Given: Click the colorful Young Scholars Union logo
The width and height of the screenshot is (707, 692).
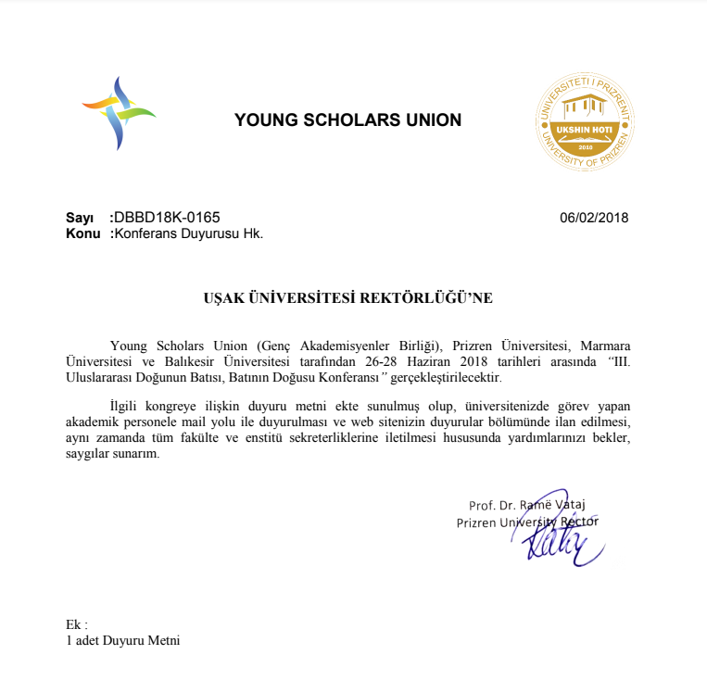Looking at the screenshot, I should (x=119, y=113).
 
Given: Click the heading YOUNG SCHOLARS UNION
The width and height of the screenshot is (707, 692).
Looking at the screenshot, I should (x=347, y=120).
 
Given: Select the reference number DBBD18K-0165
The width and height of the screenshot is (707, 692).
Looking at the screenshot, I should (x=167, y=218).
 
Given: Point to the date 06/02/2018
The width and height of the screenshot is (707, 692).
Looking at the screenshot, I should (x=594, y=219).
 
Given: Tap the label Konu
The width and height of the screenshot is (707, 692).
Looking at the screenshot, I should (x=82, y=233).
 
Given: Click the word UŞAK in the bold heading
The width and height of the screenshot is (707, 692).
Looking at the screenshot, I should (x=224, y=298).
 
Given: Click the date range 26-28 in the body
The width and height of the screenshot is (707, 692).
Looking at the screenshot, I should (x=426, y=361).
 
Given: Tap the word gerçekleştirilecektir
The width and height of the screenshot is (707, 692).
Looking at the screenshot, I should (x=449, y=379).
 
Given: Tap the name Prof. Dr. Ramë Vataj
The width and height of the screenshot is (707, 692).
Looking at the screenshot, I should (x=527, y=506).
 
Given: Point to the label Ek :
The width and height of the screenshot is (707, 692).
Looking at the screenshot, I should (x=77, y=624).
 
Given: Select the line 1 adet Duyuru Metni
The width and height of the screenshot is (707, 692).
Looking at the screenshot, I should (x=123, y=640).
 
